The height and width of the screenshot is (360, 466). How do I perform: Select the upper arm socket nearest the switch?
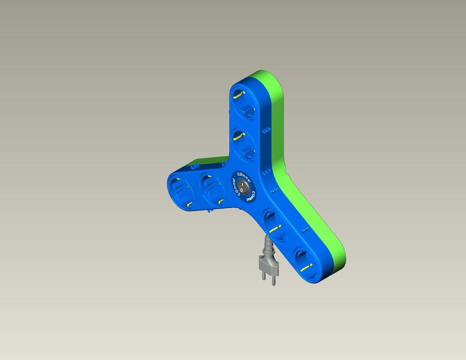(x=245, y=142)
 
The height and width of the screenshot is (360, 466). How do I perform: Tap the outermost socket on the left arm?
(x=181, y=191)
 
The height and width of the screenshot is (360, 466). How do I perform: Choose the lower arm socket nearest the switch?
(x=275, y=222)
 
